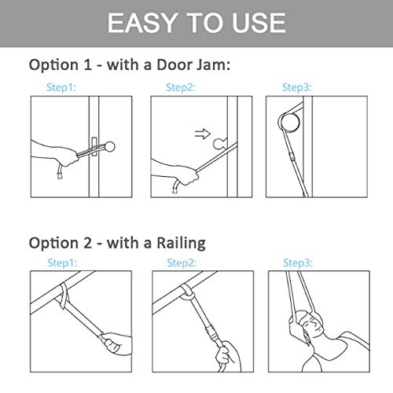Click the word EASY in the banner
pos(141,23)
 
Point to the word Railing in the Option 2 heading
pos(181,244)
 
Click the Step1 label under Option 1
pos(61,87)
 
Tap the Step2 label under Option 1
pos(181,87)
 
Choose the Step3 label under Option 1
pos(297,87)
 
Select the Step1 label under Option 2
pos(62,263)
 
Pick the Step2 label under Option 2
pos(182,263)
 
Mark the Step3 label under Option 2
pos(298,263)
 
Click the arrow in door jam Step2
pos(203,134)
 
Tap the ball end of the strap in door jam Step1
pos(109,147)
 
